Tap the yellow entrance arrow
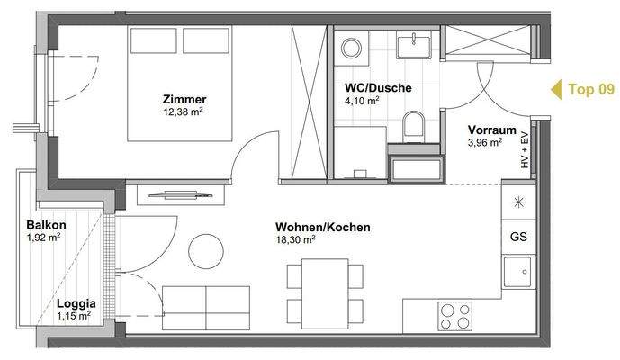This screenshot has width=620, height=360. click(x=553, y=89)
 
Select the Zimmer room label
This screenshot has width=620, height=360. click(x=184, y=99)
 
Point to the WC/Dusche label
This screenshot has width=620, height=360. click(x=378, y=88)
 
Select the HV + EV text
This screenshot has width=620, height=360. click(x=524, y=151)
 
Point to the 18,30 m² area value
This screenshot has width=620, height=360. click(x=296, y=240)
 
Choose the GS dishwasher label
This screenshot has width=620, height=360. click(x=518, y=237)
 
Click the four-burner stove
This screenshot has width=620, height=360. click(x=455, y=316)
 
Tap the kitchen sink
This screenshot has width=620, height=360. click(x=517, y=271)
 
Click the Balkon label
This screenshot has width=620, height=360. click(x=44, y=225)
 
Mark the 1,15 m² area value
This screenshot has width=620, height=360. click(x=74, y=316)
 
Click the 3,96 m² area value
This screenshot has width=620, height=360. click(x=485, y=141)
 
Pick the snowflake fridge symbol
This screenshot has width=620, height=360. click(x=518, y=202)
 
